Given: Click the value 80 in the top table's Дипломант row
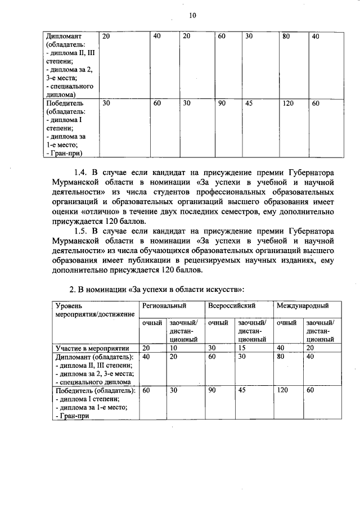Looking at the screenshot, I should click(286, 37).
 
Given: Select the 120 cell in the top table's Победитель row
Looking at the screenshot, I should click(288, 103).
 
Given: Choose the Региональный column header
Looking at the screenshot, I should click(164, 305).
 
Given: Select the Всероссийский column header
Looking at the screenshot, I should click(232, 305).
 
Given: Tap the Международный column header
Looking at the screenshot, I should click(301, 305).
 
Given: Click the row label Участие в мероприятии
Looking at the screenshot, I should click(92, 348).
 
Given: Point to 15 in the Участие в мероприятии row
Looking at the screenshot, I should click(242, 348).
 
